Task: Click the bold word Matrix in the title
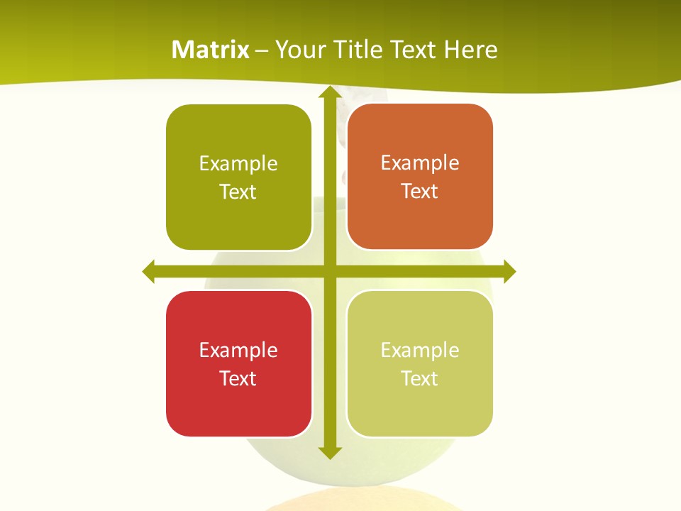click(211, 50)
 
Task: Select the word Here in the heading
click(470, 50)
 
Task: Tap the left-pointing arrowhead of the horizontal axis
click(150, 271)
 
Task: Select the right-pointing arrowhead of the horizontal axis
click(509, 271)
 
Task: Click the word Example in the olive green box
click(238, 164)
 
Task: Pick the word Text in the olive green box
click(238, 192)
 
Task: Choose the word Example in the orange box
click(420, 163)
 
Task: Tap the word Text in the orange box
click(420, 192)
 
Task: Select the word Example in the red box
click(238, 350)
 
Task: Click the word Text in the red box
click(238, 378)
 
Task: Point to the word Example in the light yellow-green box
click(420, 350)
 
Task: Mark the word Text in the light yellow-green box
click(420, 378)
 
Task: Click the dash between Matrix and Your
click(262, 50)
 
